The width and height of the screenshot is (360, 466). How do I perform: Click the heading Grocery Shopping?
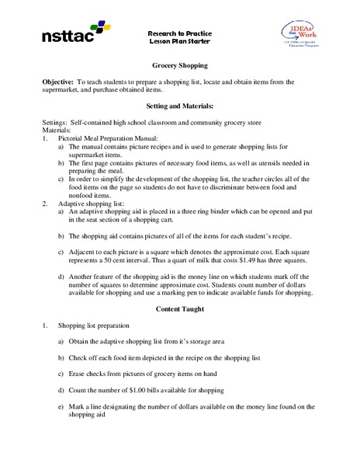[x=179, y=67]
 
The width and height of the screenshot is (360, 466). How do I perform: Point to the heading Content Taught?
[x=179, y=308]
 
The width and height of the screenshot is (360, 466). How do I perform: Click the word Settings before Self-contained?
[x=56, y=124]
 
